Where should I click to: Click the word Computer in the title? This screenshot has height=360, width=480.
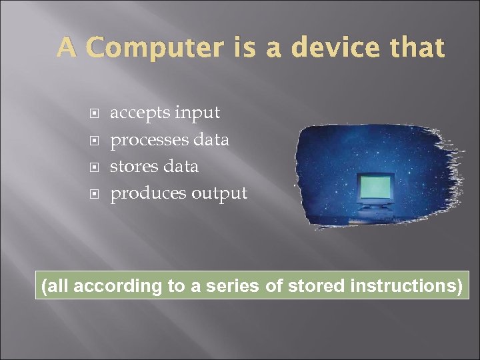(x=155, y=48)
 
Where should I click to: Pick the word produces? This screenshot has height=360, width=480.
(x=148, y=194)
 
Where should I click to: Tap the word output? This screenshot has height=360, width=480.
(x=219, y=194)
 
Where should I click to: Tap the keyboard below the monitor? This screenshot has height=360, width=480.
(x=374, y=215)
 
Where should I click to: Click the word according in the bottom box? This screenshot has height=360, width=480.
(x=118, y=287)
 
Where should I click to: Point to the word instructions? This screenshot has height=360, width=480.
(x=404, y=287)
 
